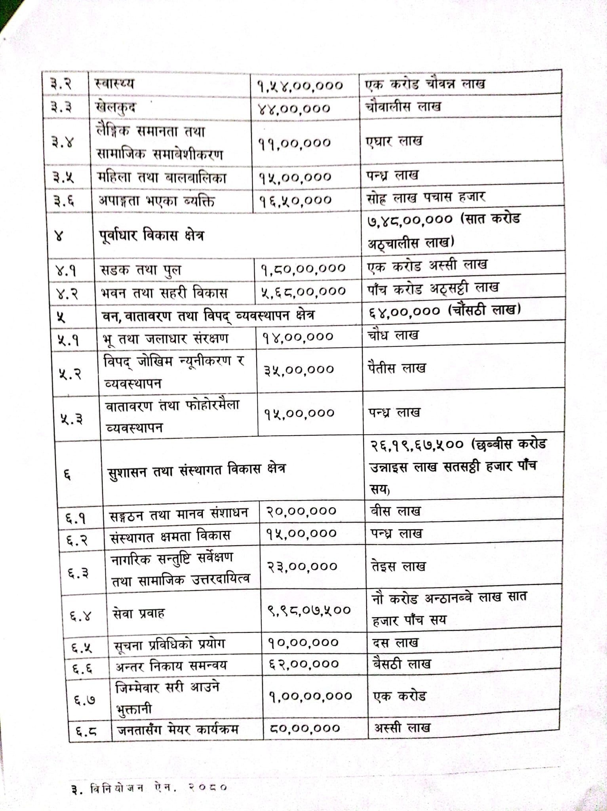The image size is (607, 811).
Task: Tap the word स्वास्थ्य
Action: [114, 84]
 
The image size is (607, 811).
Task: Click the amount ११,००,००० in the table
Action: [295, 143]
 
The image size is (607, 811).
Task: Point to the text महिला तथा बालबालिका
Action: [162, 177]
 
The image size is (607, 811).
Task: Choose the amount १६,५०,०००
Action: [295, 200]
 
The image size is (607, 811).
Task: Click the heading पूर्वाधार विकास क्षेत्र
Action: [152, 235]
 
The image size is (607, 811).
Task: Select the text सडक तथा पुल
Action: [141, 270]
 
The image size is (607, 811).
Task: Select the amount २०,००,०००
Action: [301, 511]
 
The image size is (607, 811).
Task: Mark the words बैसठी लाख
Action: [401, 663]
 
